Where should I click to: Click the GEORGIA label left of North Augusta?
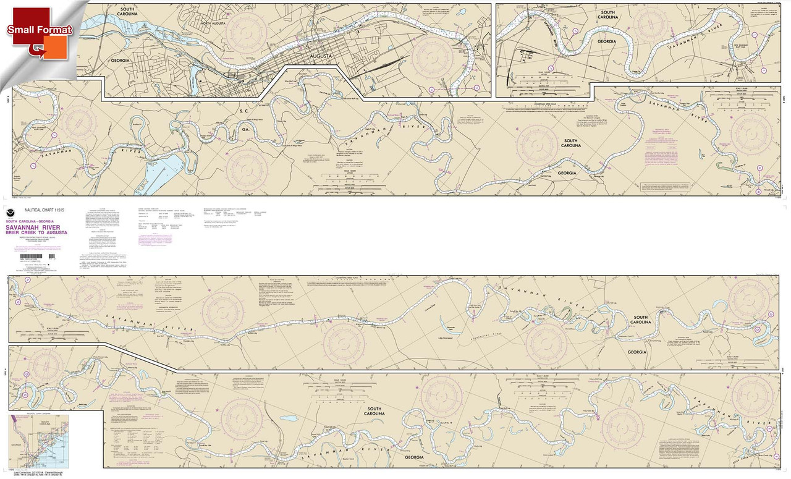tap(121, 61)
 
